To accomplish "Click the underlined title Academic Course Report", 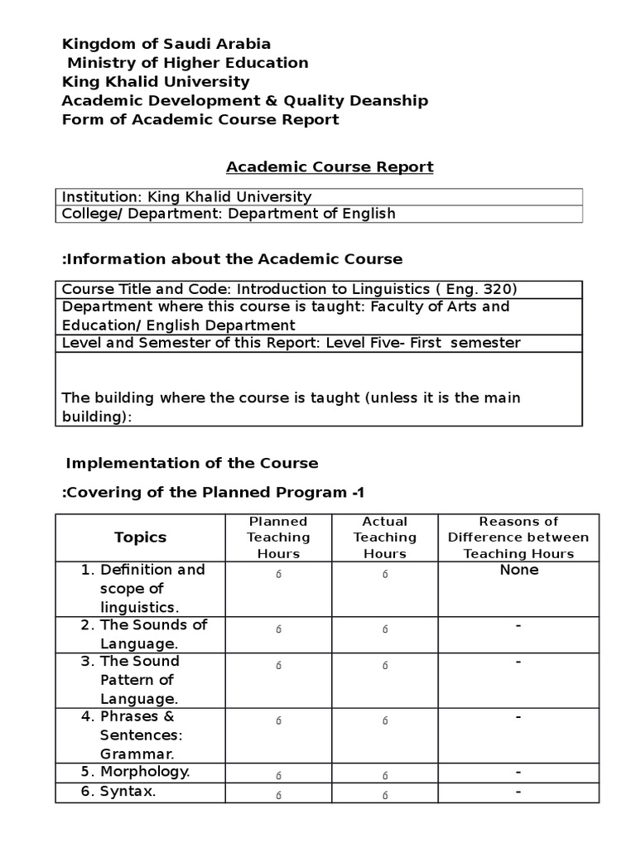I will click(x=330, y=166).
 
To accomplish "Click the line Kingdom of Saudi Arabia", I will click(x=166, y=44).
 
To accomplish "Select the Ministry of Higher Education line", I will click(x=187, y=63).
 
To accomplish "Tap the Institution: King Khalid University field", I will click(x=187, y=197).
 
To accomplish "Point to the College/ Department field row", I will click(x=229, y=214).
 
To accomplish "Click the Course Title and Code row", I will click(x=289, y=289).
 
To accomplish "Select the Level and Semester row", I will click(x=291, y=343).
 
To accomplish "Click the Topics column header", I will click(x=140, y=537).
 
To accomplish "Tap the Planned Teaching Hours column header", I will click(x=278, y=537).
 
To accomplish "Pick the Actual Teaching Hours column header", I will click(x=384, y=537).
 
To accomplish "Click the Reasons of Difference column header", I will click(x=518, y=537).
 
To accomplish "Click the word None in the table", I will click(x=518, y=570).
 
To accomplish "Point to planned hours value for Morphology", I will click(x=278, y=775).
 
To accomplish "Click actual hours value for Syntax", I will click(x=384, y=795).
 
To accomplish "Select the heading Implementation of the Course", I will click(x=191, y=463).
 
